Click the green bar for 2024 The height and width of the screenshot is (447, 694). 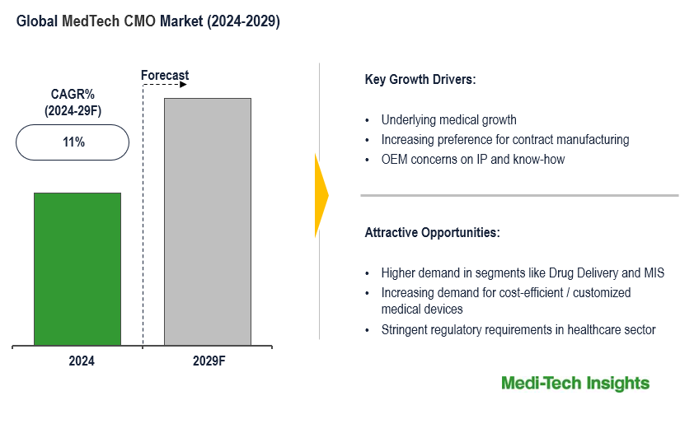tap(77, 268)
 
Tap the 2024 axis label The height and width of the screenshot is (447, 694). tap(81, 361)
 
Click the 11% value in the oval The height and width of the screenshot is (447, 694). tap(73, 142)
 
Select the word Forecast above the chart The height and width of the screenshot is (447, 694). tap(165, 75)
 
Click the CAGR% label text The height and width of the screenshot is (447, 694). tap(73, 94)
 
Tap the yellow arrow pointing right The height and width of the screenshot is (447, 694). tap(321, 195)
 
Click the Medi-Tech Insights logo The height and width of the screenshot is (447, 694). tap(575, 383)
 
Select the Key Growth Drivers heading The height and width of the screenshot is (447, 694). tap(420, 80)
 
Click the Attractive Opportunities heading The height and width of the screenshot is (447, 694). tap(432, 233)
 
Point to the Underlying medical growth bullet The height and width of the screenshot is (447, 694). tap(448, 120)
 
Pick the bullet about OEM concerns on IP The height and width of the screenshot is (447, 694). tap(472, 160)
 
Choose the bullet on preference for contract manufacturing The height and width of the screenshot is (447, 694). tap(504, 140)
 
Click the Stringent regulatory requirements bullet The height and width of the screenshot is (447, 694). tap(518, 330)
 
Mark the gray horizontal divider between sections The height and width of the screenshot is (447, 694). tap(519, 196)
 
